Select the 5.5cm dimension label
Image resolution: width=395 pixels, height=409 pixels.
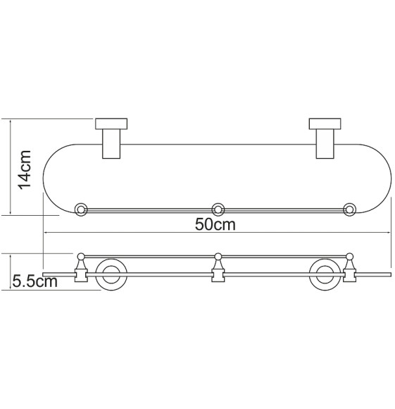coord(35,282)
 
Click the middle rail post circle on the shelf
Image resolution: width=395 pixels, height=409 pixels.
coord(218,209)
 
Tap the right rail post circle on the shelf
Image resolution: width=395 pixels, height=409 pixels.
coord(349,209)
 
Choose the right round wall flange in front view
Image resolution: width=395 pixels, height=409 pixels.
coord(324,275)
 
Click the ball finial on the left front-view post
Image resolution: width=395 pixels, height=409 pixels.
coord(82,255)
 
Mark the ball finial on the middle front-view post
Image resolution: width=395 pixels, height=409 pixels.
coord(218,255)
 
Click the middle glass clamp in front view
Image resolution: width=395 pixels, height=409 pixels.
coord(218,271)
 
